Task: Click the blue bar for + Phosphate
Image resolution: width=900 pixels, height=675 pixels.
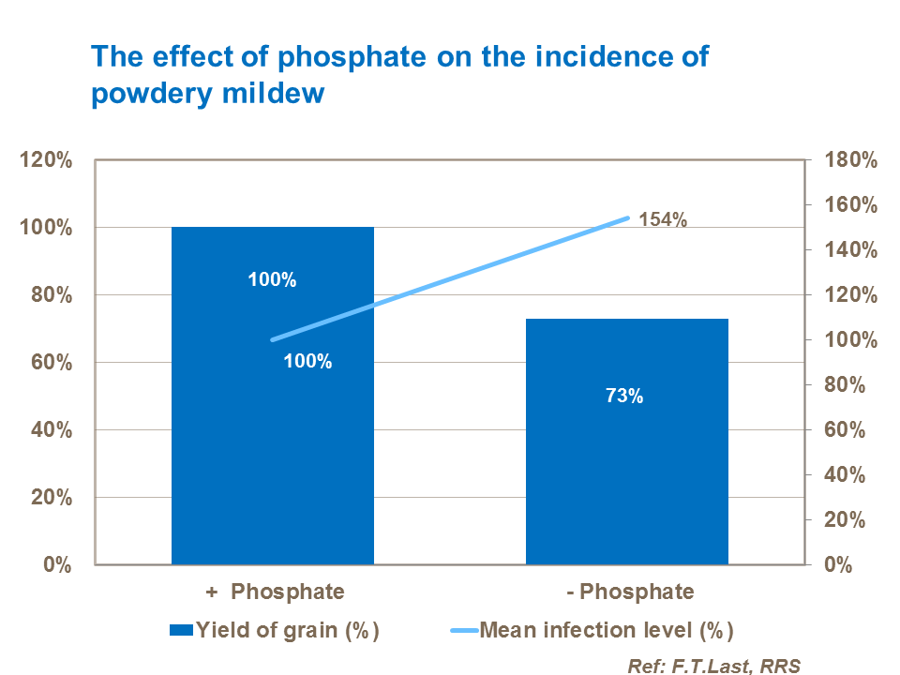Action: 272,450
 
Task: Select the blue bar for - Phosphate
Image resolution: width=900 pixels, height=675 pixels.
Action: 626,487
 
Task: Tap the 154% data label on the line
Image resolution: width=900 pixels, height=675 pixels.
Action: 664,220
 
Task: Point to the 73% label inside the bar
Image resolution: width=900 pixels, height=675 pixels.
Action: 623,396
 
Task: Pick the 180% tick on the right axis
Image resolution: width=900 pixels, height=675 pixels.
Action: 849,160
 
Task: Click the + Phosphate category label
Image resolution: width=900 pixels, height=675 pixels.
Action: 274,592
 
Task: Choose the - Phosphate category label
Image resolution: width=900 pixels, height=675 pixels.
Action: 630,592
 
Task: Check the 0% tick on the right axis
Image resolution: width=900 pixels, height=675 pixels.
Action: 837,565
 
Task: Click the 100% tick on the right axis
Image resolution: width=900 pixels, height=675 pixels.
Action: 849,340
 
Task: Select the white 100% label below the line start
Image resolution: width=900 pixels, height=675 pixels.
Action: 307,361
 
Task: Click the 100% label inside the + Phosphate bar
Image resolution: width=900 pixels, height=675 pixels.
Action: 272,279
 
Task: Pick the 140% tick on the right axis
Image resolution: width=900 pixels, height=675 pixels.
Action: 849,250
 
